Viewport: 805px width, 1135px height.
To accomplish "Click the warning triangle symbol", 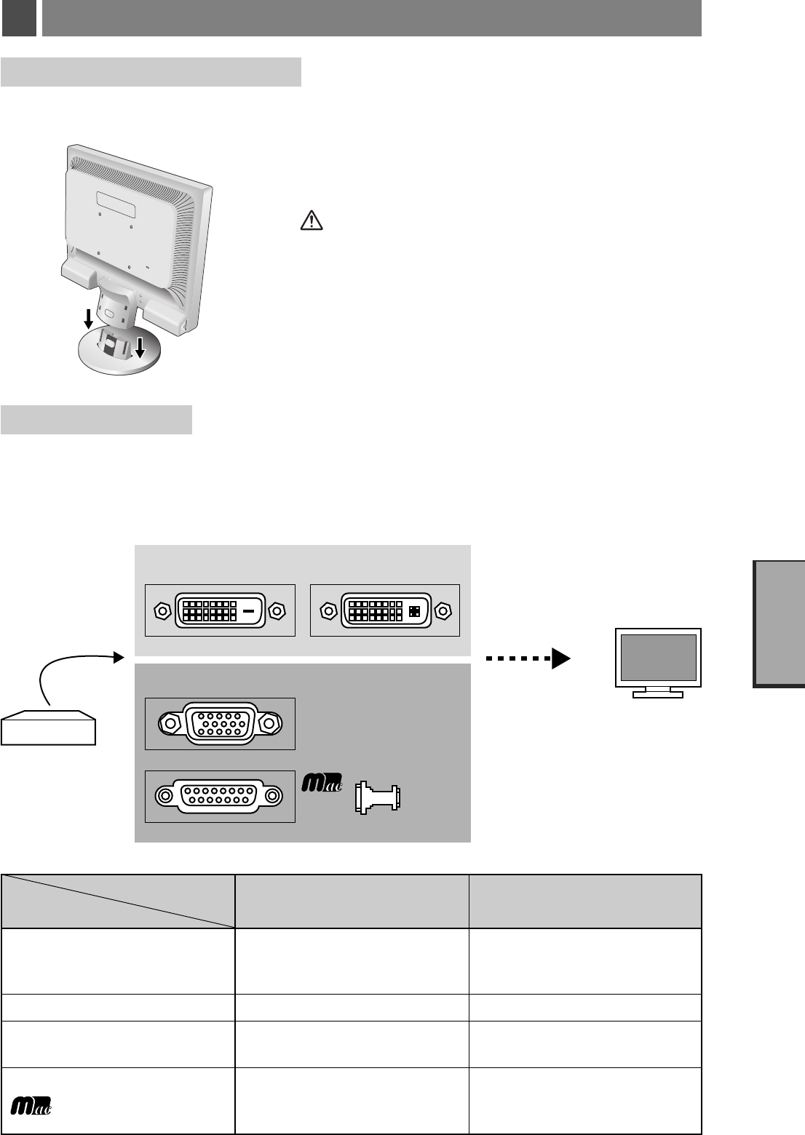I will [312, 220].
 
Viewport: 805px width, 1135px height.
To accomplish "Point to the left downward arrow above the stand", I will [88, 318].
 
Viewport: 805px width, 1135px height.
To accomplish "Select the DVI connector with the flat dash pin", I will [220, 610].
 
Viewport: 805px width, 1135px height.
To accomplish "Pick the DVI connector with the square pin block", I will [385, 610].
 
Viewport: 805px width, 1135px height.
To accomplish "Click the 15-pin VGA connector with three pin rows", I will [220, 723].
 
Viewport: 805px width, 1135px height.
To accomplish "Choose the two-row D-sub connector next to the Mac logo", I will [220, 796].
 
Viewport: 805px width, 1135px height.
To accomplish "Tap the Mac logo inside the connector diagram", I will [322, 784].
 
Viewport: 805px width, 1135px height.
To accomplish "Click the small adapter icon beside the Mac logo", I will [377, 797].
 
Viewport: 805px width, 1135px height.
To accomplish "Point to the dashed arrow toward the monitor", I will [528, 658].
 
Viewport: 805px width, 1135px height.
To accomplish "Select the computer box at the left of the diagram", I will [49, 728].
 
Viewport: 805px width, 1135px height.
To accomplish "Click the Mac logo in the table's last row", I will [31, 1104].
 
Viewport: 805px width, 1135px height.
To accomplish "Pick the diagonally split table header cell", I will [118, 901].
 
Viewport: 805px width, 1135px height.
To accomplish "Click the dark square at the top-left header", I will [19, 18].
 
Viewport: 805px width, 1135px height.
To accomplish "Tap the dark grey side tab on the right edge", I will [780, 624].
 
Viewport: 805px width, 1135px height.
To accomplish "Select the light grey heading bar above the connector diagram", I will [96, 420].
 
